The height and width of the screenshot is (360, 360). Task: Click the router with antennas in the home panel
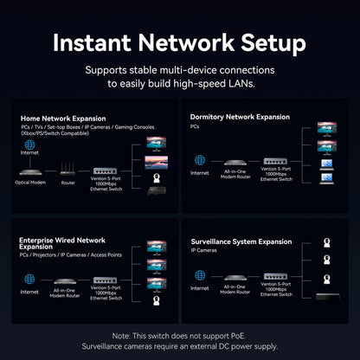(x=67, y=171)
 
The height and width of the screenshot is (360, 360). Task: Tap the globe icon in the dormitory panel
(x=200, y=160)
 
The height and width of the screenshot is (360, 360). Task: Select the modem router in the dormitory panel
(x=235, y=162)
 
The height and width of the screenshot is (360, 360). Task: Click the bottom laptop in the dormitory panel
(x=327, y=179)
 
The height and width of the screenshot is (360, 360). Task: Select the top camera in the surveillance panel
(x=327, y=244)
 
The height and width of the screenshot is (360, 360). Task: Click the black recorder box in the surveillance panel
(x=327, y=299)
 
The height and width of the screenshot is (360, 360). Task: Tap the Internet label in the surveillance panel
(x=200, y=288)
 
